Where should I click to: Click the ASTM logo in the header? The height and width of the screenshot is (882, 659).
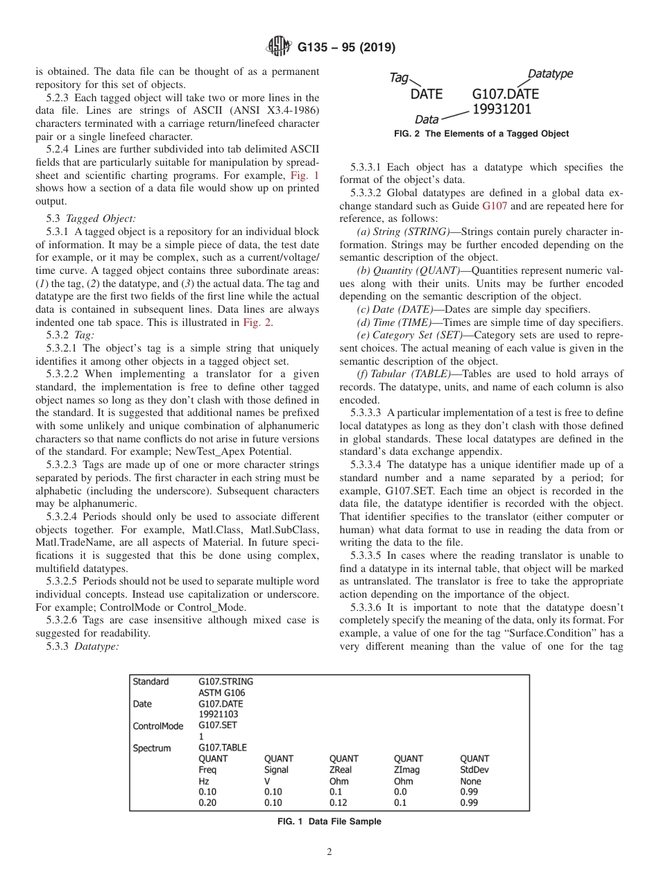point(279,48)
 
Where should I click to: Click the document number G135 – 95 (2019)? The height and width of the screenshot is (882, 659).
point(346,48)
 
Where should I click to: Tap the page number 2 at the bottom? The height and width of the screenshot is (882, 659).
point(329,852)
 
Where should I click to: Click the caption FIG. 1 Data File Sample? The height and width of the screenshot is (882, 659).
point(329,822)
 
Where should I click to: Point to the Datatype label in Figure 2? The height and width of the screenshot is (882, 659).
point(550,73)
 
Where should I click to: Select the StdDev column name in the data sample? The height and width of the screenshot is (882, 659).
point(474,770)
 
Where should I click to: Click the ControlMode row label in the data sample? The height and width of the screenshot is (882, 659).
point(158,726)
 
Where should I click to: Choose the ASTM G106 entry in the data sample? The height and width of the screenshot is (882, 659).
point(221,692)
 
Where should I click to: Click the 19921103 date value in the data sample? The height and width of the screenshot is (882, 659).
point(219,714)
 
